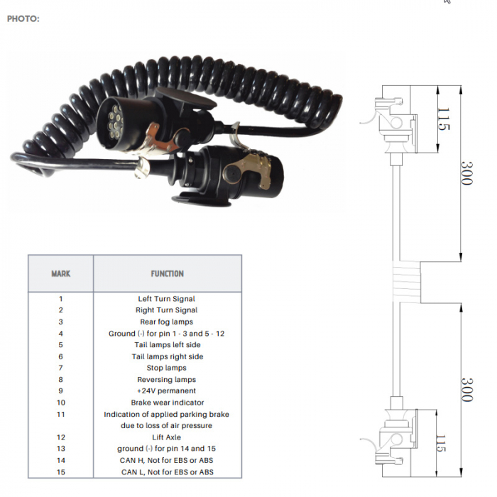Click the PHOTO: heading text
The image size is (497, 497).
pos(23,18)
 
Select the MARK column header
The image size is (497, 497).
pos(61,273)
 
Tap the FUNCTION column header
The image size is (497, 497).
pos(167,273)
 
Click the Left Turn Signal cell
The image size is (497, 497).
pos(166,299)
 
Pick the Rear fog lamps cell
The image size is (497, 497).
pos(166,322)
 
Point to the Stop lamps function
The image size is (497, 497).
pos(166,368)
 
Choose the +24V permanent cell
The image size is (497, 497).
pos(166,390)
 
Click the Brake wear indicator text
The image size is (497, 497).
pos(168,403)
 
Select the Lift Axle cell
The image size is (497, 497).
pos(166,437)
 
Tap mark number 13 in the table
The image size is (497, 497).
pos(61,449)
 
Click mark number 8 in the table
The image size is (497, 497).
pos(61,379)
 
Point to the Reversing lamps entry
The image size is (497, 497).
pos(166,379)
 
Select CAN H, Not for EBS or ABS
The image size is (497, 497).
pos(166,460)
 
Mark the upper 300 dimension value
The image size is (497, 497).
pos(466,173)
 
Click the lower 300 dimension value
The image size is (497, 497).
pos(466,390)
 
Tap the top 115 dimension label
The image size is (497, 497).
pos(443,119)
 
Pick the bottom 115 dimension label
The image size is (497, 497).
pos(441,443)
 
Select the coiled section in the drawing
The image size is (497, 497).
pos(407,282)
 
